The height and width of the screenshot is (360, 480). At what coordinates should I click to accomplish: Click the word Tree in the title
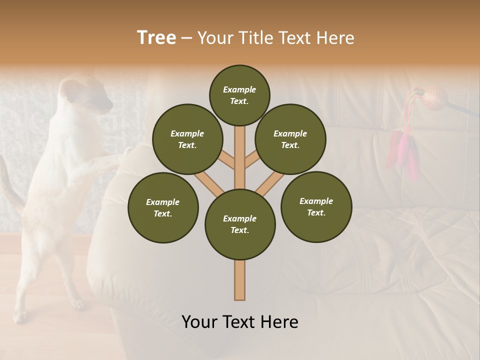click(x=156, y=38)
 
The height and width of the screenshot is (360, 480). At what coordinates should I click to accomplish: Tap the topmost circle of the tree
click(x=239, y=95)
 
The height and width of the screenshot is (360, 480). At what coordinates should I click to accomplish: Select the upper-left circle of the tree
click(x=187, y=139)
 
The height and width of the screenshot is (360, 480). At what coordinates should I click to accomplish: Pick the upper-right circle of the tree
click(x=290, y=139)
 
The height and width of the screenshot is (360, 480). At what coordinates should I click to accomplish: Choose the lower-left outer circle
click(x=163, y=207)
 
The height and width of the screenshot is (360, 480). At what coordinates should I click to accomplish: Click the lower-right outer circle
click(x=316, y=206)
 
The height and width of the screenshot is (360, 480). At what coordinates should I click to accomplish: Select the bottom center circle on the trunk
click(x=240, y=224)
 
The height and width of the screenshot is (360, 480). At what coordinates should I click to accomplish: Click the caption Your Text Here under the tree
click(x=240, y=322)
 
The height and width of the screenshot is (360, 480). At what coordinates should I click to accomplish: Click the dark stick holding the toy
click(x=462, y=109)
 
